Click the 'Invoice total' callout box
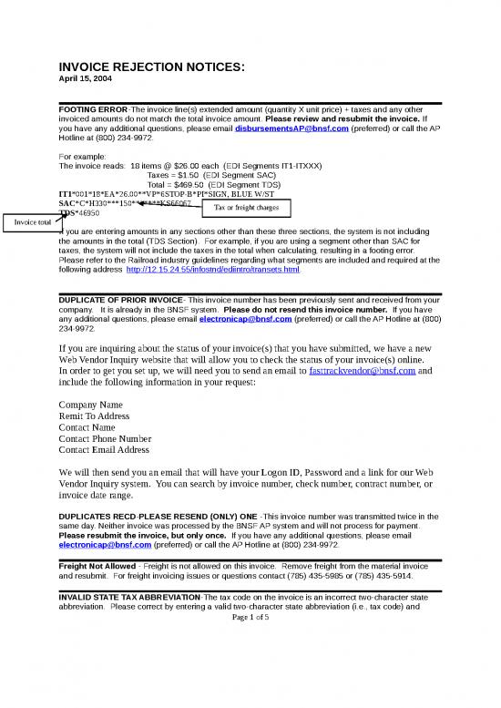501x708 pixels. click(x=31, y=221)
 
